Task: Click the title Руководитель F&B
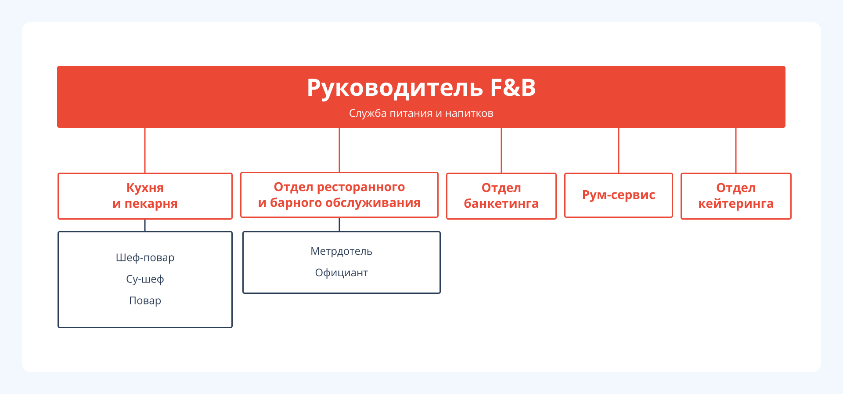point(421,88)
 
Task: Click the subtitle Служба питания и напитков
point(421,113)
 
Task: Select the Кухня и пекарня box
point(145,196)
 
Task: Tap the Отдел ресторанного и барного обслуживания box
point(339,195)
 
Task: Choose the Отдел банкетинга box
point(501,196)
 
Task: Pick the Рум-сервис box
point(618,195)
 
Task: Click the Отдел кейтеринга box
point(736,196)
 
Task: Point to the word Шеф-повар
point(145,257)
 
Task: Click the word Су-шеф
point(145,279)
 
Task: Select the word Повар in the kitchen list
point(145,300)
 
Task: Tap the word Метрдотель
point(341,251)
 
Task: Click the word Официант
point(341,273)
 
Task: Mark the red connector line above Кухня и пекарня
point(145,150)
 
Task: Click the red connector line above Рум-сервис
point(619,150)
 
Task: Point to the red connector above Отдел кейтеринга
point(736,150)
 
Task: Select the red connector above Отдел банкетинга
point(501,150)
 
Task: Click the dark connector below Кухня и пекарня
point(145,225)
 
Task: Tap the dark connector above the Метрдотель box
point(339,224)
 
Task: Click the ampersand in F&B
point(512,88)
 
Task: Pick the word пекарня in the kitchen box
point(151,204)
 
